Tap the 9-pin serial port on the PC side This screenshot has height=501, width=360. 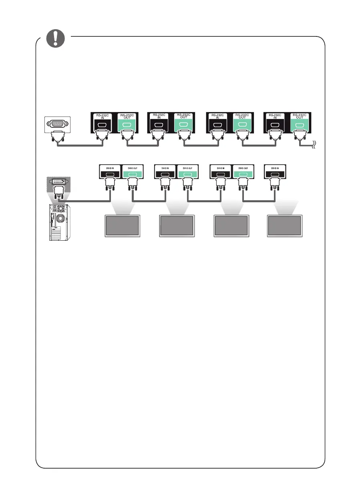pyautogui.click(x=58, y=124)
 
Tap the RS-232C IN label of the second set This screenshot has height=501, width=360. pyautogui.click(x=157, y=116)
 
